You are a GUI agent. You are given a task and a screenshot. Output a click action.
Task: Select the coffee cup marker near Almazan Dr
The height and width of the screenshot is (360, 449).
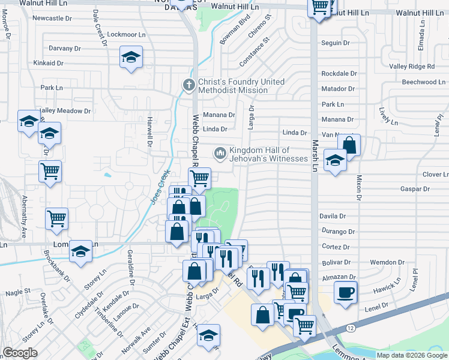[x=345, y=293]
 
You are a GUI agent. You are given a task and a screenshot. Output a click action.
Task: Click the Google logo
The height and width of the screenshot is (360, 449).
[x=20, y=353]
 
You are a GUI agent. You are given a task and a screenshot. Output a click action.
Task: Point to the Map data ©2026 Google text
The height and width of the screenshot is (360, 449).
[x=412, y=355]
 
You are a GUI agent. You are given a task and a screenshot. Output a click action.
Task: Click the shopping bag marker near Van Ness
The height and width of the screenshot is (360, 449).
[x=349, y=145]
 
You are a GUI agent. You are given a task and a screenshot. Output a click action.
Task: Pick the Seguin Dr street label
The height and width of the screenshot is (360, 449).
[x=336, y=43]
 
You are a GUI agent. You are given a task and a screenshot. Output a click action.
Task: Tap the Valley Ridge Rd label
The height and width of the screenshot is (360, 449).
[x=412, y=67]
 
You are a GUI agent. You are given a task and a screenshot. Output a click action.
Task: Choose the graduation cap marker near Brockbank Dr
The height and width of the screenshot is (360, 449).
[x=80, y=252]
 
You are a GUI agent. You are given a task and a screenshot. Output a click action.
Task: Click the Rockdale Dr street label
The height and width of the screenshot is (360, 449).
[x=339, y=73]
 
